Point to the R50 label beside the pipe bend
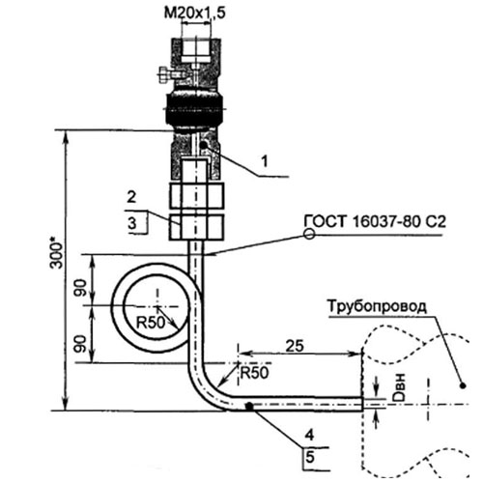click(253, 372)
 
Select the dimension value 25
click(297, 345)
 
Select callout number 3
click(131, 224)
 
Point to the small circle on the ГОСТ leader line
click(307, 235)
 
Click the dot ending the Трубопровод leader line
click(462, 385)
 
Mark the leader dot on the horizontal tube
click(249, 407)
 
